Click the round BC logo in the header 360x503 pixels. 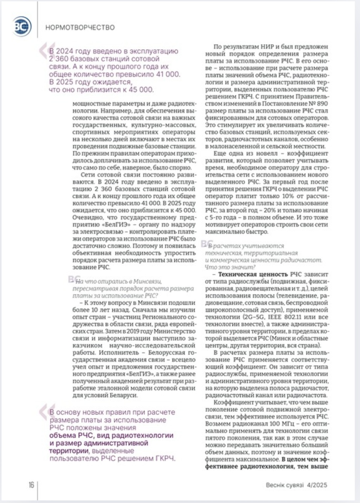[22, 26]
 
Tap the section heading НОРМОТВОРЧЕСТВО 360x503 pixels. [80, 27]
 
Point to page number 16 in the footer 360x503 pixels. [31, 485]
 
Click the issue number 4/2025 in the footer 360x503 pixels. [317, 485]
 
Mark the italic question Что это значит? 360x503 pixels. [230, 267]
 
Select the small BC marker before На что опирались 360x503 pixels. [74, 279]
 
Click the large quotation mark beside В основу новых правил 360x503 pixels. [46, 412]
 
